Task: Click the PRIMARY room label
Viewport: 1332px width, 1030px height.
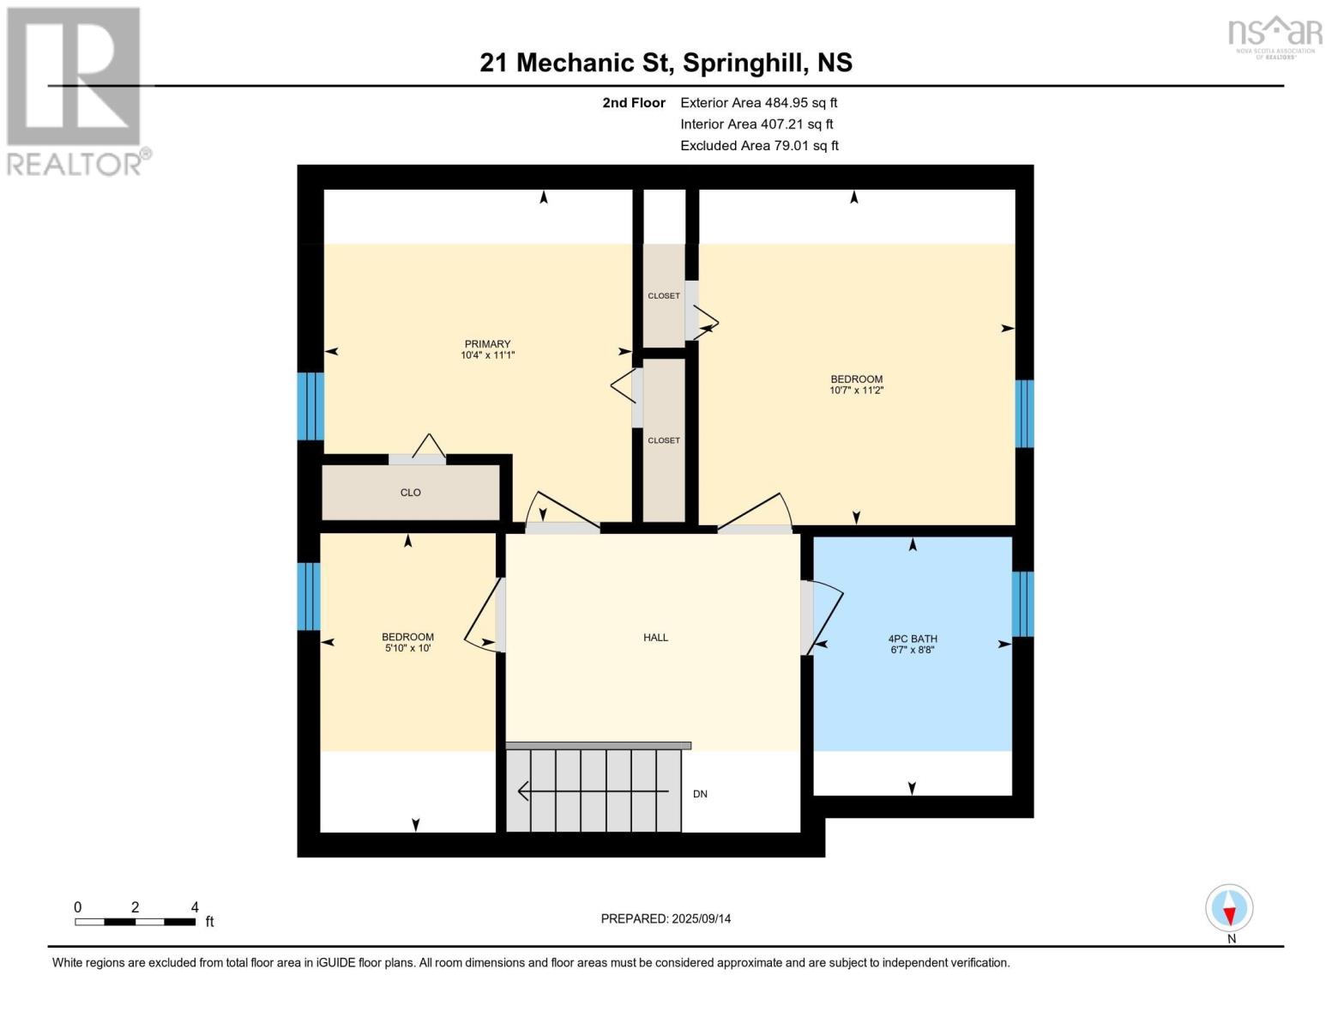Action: [487, 344]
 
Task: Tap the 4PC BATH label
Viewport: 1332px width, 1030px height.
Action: [913, 639]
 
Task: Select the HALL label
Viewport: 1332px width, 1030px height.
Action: [655, 637]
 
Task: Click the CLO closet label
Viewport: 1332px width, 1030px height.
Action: [410, 493]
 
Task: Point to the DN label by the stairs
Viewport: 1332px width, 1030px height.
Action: [700, 794]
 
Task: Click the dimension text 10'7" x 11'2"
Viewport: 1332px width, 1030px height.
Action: [856, 391]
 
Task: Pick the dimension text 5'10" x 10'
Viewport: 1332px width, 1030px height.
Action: [407, 648]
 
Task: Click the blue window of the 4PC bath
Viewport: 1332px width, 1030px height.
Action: [1022, 604]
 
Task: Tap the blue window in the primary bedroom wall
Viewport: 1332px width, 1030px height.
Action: [310, 406]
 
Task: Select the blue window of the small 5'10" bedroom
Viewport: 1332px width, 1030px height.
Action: [309, 596]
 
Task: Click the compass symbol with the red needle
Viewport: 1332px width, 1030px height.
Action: [1229, 908]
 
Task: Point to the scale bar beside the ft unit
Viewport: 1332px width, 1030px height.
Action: [135, 922]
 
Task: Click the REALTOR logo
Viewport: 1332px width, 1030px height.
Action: [75, 90]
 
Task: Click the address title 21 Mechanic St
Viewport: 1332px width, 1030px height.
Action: [666, 63]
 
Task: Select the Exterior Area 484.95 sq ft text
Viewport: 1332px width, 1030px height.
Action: [758, 102]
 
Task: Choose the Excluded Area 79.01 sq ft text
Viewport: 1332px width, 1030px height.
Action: [759, 146]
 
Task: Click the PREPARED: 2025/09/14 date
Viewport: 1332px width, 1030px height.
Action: [666, 918]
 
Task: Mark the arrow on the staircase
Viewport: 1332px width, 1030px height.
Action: [592, 791]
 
